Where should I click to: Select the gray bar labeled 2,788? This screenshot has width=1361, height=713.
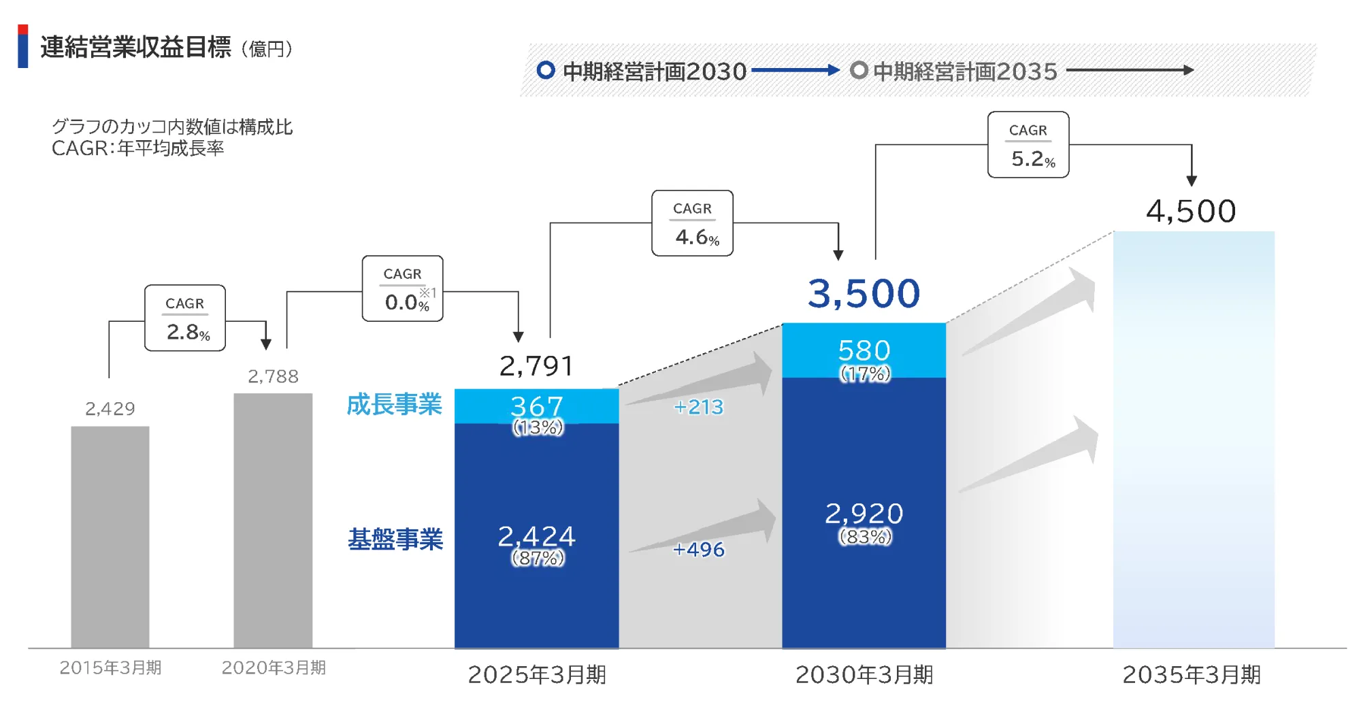tap(273, 520)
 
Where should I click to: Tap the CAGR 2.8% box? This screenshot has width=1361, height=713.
tap(185, 318)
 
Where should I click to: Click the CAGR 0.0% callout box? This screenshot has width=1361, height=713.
tap(402, 288)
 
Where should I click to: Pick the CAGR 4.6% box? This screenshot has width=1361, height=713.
tap(692, 223)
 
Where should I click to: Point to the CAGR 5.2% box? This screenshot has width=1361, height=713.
tap(1028, 145)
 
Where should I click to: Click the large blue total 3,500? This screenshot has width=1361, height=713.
tap(864, 294)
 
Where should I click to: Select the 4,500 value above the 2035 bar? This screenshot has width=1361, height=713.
tap(1191, 211)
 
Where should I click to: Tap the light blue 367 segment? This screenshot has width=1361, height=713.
tap(536, 406)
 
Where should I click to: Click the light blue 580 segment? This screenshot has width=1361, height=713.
tap(864, 350)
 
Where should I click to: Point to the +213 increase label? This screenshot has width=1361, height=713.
tap(698, 407)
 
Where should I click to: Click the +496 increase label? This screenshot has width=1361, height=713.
tap(698, 549)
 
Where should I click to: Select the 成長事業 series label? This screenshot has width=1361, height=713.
tap(394, 405)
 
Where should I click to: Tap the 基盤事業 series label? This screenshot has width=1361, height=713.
tap(395, 540)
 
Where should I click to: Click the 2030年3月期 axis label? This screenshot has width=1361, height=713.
tap(864, 675)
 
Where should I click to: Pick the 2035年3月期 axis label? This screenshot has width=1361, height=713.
tap(1191, 675)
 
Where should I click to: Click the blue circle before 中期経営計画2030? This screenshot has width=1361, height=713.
tap(546, 70)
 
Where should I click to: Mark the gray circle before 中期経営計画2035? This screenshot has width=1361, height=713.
tap(859, 70)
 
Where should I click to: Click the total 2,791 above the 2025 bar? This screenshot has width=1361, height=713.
tap(536, 366)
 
